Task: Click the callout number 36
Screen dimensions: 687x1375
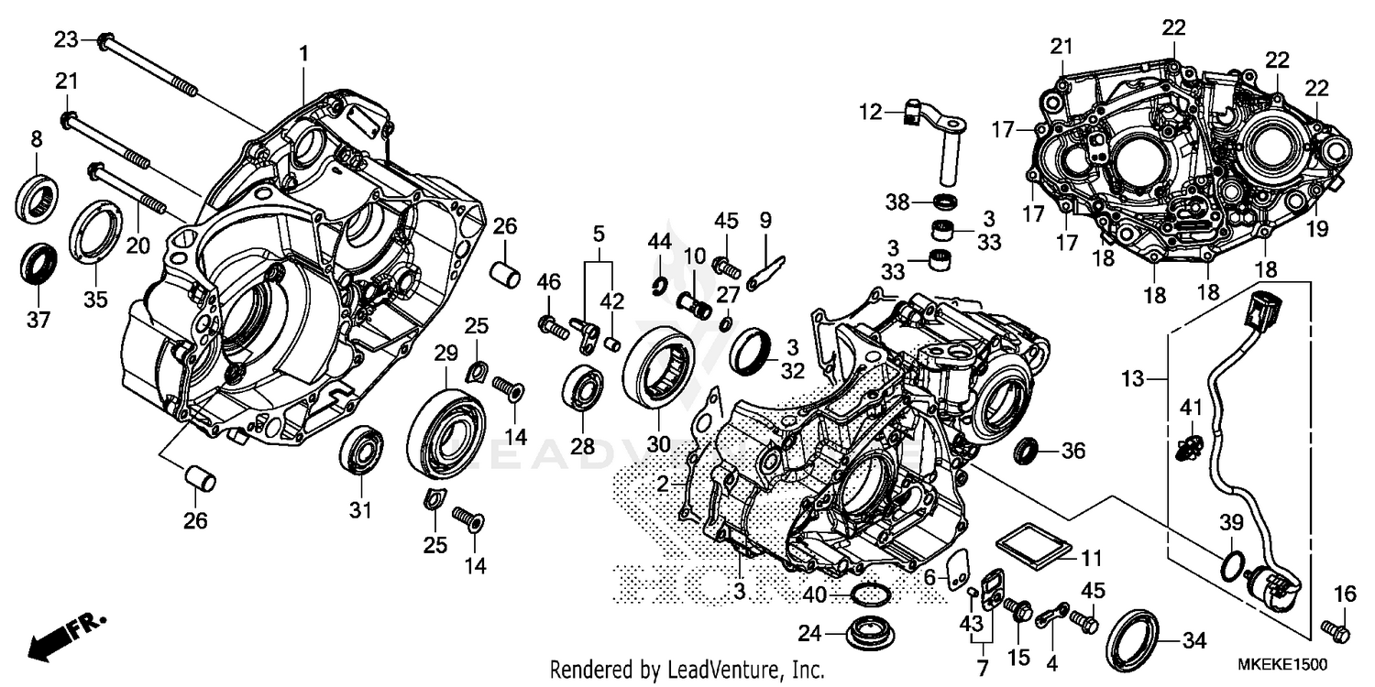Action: (1073, 451)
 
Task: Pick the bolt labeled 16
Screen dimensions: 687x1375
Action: (1336, 630)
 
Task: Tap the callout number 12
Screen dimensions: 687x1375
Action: (871, 114)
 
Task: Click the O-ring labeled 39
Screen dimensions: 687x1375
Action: (1234, 565)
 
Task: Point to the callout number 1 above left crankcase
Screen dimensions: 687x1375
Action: (303, 54)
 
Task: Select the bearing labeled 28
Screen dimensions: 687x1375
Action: (582, 388)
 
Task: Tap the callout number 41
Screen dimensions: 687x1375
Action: (1190, 407)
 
